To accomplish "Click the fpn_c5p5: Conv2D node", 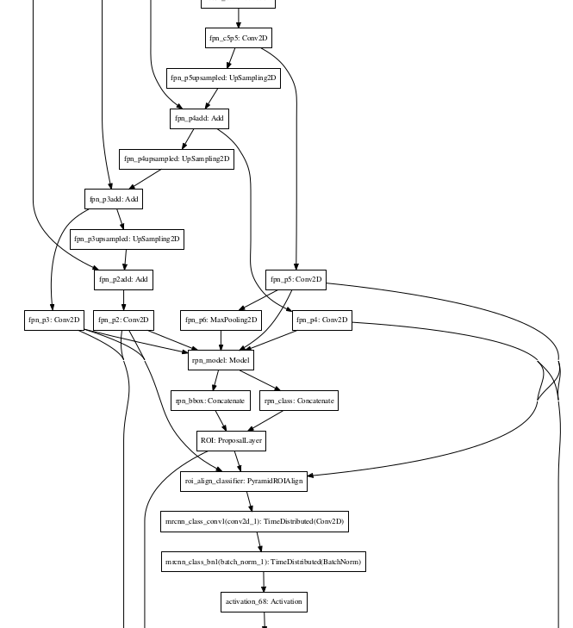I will point(239,38).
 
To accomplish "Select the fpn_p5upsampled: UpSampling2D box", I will point(223,78).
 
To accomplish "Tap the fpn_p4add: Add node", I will point(199,119).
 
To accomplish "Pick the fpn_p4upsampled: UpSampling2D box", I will point(176,159).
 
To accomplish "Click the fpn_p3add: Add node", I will point(113,199).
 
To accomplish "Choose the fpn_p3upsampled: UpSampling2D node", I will point(127,239).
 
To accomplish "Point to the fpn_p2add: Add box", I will point(123,279).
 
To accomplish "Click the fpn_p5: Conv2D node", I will point(296,279).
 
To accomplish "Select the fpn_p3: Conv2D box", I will point(53,320).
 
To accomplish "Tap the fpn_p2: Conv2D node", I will point(123,320).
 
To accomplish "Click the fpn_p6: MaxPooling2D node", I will point(221,320).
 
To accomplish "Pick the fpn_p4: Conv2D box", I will point(321,320).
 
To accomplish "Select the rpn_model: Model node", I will point(221,360).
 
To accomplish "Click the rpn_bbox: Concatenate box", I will point(210,401).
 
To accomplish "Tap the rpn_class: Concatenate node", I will point(298,401).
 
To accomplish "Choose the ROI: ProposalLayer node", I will point(231,441).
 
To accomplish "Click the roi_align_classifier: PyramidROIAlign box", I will point(245,482).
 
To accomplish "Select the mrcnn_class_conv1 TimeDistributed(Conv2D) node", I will point(256,521).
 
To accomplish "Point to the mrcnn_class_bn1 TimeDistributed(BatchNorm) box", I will point(264,562).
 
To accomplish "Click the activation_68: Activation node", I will point(264,601).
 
